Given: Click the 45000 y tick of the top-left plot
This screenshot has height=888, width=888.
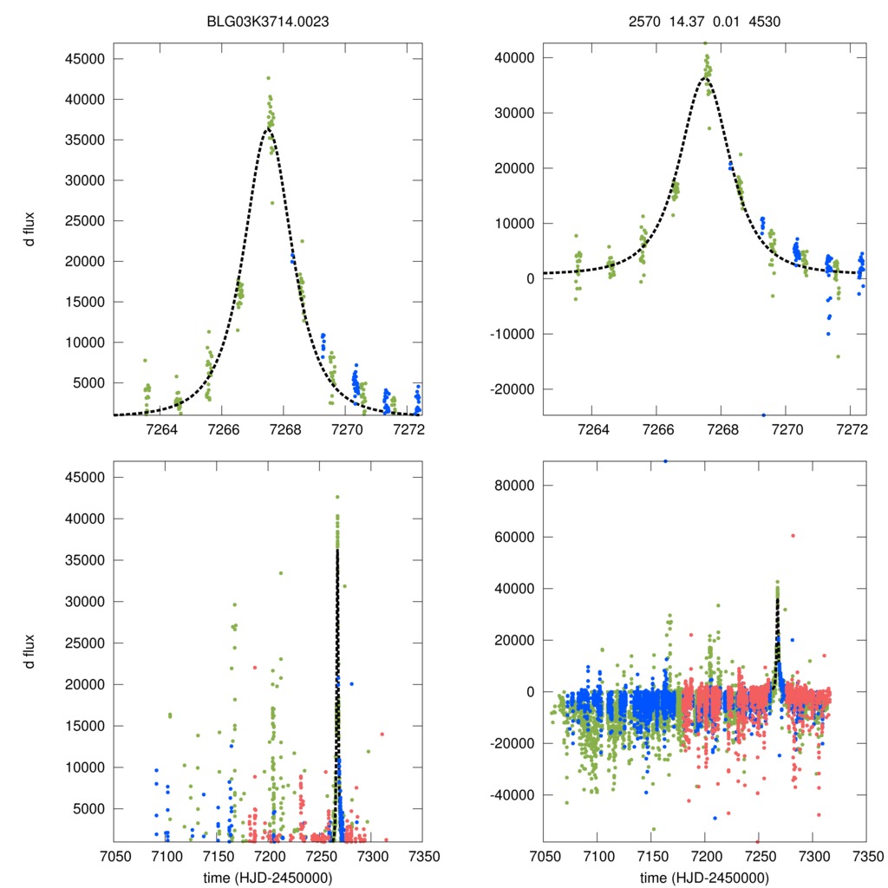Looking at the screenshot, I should (x=87, y=59).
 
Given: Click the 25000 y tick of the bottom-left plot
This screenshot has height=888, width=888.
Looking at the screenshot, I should (x=87, y=643).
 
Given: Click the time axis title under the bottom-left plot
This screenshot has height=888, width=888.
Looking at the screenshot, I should (x=268, y=876).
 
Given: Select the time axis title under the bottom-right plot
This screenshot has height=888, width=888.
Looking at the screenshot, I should (x=705, y=876).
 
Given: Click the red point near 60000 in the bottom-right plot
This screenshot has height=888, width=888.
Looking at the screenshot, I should (x=793, y=536).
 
